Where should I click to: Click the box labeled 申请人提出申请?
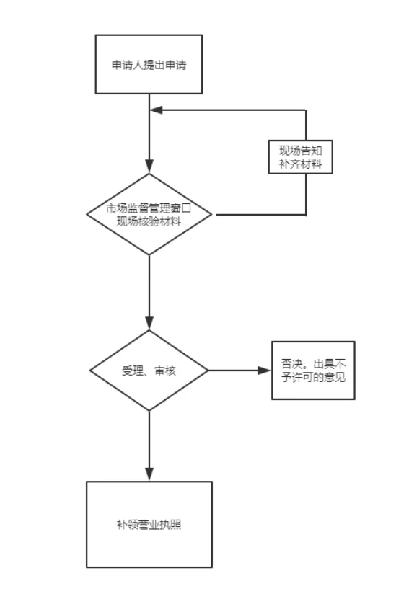(149, 64)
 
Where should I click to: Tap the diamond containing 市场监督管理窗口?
(149, 214)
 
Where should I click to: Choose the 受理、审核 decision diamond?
(149, 371)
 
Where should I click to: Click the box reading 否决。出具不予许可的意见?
(313, 371)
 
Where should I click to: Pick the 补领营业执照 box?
(149, 525)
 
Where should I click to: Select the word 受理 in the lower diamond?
(132, 371)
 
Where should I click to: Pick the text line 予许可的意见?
(313, 377)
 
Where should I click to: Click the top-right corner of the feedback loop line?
(306, 110)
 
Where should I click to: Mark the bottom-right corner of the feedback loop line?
(306, 214)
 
